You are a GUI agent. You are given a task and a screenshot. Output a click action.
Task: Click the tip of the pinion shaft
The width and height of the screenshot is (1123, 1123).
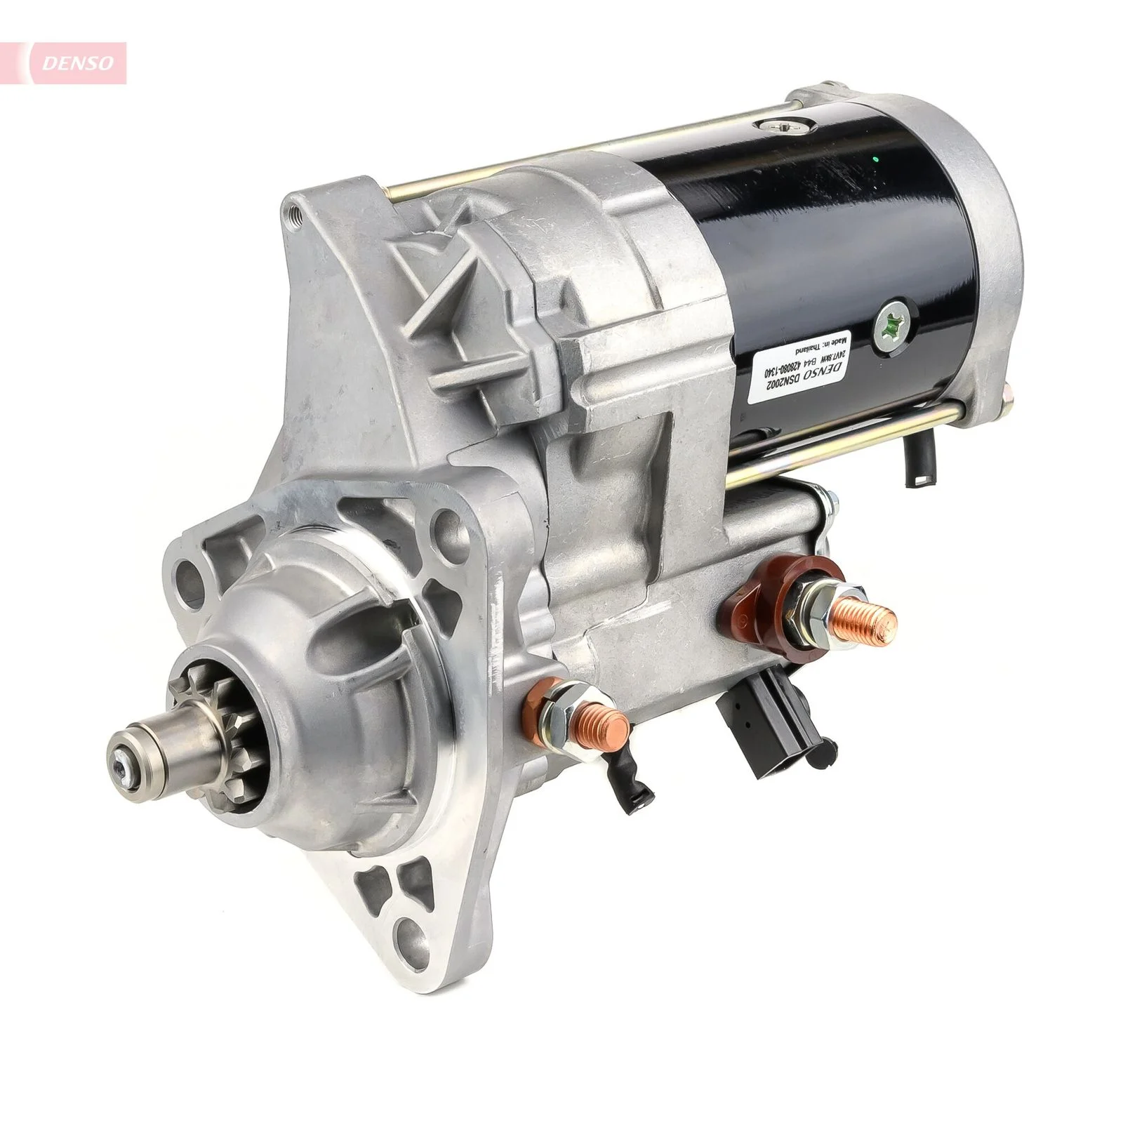pos(126,754)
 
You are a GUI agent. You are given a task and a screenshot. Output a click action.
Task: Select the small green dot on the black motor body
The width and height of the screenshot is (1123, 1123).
pos(873,158)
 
